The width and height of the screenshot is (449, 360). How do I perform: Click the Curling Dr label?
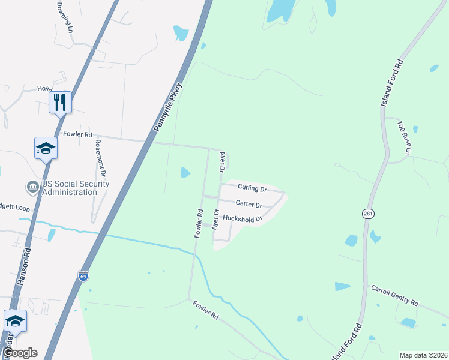252,188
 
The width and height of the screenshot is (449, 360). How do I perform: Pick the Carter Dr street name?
249,205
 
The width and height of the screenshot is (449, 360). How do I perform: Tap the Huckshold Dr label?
243,219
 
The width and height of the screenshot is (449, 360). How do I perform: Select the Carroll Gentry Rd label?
394,295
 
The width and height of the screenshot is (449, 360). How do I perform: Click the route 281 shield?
368,213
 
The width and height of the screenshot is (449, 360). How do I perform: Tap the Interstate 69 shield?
83,276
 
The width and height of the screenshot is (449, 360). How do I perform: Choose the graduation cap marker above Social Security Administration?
46,148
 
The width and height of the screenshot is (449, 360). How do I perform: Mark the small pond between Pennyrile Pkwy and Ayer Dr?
185,173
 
